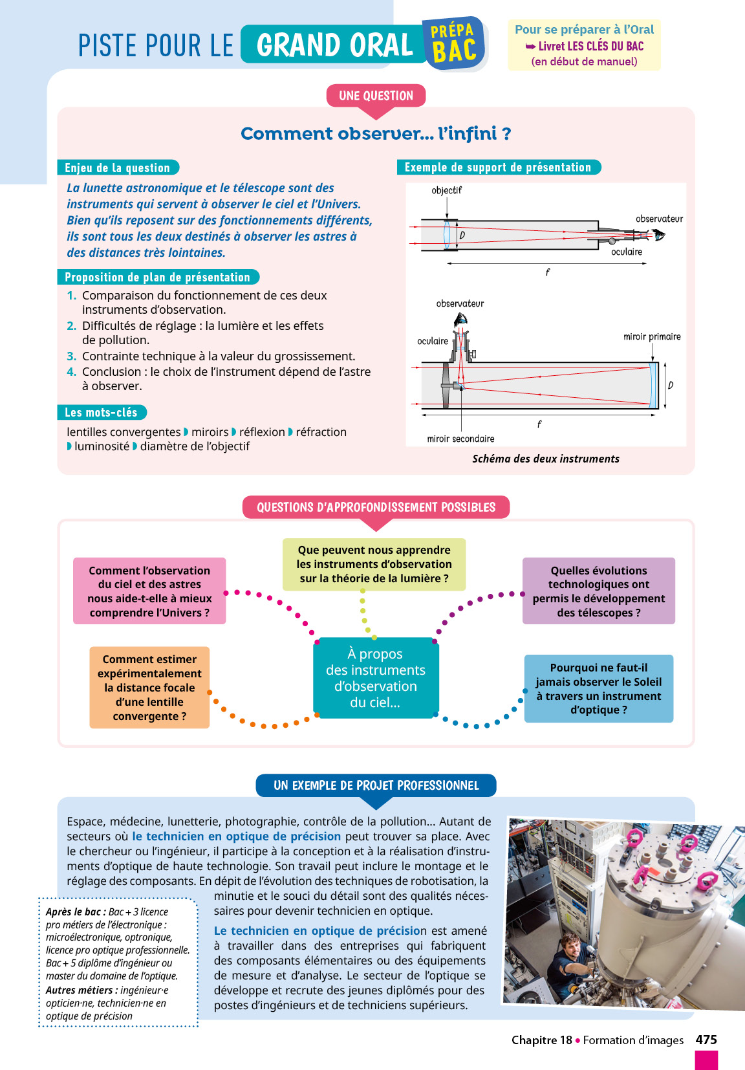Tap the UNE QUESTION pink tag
[x=376, y=96]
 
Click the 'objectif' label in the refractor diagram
[x=446, y=190]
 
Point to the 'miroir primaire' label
[x=652, y=336]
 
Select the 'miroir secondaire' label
[x=460, y=439]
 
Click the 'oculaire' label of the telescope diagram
[x=433, y=341]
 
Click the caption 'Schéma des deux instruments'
[x=545, y=459]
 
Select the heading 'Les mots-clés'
[x=101, y=412]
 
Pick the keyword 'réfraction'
[x=321, y=431]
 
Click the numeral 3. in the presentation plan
[x=71, y=356]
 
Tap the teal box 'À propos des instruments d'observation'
[x=375, y=677]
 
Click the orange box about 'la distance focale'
[x=149, y=687]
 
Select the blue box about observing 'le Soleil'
[x=598, y=688]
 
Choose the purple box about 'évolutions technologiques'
[x=598, y=591]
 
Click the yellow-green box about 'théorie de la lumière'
[x=374, y=564]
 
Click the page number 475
[x=706, y=1040]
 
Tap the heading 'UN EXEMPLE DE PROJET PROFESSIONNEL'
[x=376, y=785]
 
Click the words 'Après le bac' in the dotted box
[x=73, y=912]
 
